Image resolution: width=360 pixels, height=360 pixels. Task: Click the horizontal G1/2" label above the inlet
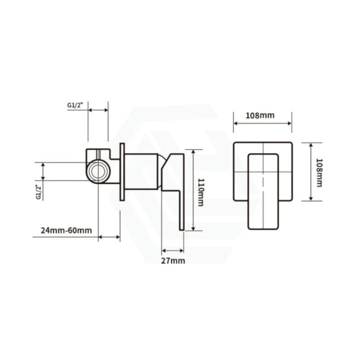75,105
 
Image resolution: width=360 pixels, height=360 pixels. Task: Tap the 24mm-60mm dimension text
66,230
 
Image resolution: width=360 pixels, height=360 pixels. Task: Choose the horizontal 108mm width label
260,115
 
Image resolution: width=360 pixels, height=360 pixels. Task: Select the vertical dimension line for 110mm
193,189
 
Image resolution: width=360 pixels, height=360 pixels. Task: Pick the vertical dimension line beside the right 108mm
310,171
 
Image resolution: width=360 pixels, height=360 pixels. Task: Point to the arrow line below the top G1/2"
98,109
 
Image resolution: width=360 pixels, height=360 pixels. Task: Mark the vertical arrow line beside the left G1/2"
43,172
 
